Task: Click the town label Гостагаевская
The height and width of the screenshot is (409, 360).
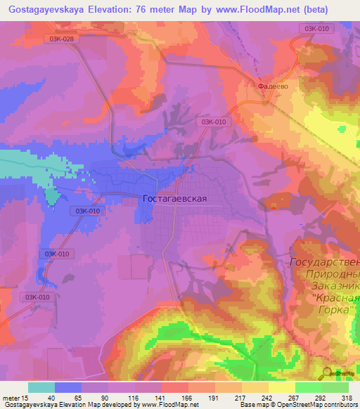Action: [x=174, y=199]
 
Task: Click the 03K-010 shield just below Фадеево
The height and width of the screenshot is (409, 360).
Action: [x=214, y=122]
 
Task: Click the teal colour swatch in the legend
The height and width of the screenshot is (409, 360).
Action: [x=41, y=387]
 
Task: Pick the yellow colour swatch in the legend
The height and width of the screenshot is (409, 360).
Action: [x=281, y=387]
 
